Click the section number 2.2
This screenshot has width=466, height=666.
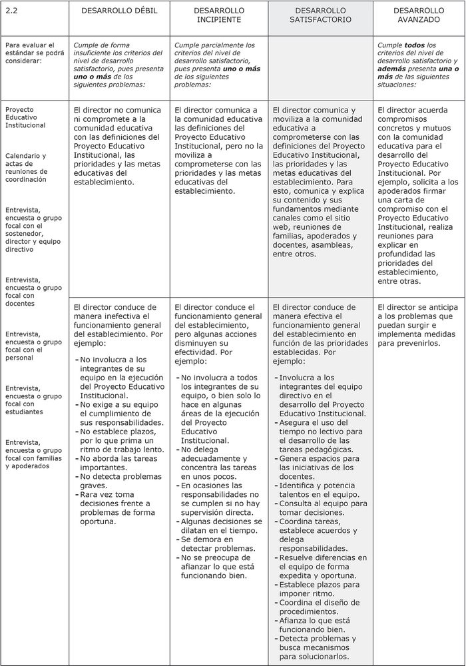tap(11, 11)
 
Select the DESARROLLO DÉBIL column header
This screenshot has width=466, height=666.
tap(118, 11)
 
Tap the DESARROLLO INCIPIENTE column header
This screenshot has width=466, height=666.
tap(219, 15)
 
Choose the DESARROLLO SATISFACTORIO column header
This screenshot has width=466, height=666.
tap(320, 15)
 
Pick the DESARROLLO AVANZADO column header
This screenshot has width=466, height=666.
tap(419, 15)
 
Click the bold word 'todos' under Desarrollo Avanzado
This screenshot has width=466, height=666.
tap(415, 45)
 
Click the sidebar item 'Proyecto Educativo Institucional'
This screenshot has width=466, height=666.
tap(25, 117)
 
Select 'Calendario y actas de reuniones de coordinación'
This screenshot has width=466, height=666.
tap(26, 168)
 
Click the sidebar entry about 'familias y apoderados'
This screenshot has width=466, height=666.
tap(33, 454)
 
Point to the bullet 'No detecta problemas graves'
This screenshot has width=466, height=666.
tap(120, 481)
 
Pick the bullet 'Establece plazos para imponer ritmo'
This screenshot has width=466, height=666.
tap(319, 589)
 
